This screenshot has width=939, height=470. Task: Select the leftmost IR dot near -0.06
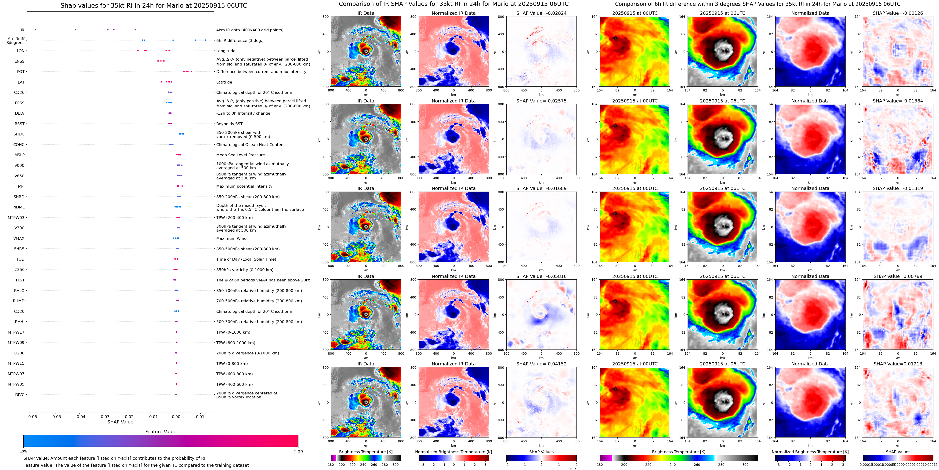click(x=35, y=29)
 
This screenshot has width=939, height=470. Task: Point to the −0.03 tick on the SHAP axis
click(x=104, y=416)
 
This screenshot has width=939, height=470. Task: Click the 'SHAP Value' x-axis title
click(x=120, y=422)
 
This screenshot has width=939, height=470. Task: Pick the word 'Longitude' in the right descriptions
click(x=226, y=51)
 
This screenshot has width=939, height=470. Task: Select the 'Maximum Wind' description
click(x=231, y=238)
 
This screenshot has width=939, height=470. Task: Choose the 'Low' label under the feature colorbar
click(x=23, y=451)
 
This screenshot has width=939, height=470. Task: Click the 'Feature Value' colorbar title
click(x=160, y=432)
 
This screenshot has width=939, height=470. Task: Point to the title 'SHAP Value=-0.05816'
click(x=541, y=276)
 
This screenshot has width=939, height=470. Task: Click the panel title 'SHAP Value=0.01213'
click(x=898, y=364)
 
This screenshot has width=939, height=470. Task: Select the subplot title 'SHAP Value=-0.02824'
click(x=541, y=13)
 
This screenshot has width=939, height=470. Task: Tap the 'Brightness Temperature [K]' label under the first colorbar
click(x=366, y=452)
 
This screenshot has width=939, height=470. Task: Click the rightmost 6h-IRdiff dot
click(x=206, y=40)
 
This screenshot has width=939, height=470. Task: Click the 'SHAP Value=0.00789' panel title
click(x=898, y=276)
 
